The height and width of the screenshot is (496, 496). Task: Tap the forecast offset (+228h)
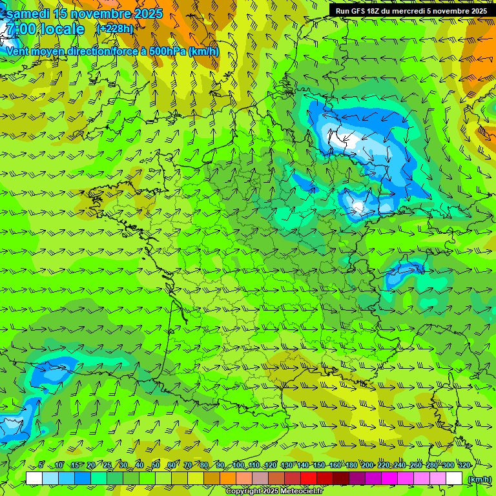point(114,28)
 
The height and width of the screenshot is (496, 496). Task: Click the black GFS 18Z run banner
point(411,10)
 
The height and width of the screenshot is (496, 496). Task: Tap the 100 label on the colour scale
point(238,465)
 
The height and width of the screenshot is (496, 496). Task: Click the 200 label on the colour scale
point(367,465)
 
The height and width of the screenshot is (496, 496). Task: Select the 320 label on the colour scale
point(464,465)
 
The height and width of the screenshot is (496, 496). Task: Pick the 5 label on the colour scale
point(41,465)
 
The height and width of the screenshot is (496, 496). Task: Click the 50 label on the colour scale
point(156,465)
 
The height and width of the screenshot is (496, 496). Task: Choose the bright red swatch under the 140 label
point(309,479)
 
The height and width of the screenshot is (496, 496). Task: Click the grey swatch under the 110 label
point(260,479)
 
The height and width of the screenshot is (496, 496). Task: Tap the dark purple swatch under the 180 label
point(357,479)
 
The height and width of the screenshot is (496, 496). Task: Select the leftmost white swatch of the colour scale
point(34,479)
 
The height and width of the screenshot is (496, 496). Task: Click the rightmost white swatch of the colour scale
point(454,479)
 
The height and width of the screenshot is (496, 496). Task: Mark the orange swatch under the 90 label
point(228,479)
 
